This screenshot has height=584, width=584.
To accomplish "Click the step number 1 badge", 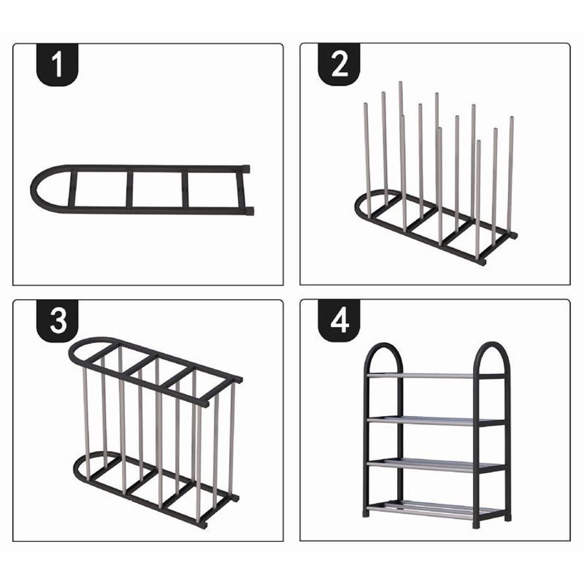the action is click(x=57, y=65).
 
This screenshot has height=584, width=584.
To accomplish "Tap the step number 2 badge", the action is click(x=339, y=64).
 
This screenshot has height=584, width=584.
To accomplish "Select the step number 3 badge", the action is click(x=57, y=321).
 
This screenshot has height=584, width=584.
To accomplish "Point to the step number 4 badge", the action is click(x=339, y=321).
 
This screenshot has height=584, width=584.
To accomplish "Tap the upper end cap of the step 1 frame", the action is click(x=246, y=169).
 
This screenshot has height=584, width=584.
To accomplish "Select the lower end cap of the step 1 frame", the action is click(x=250, y=211).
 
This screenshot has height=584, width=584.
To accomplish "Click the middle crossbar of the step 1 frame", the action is click(x=130, y=189).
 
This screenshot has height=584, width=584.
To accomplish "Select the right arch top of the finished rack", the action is click(x=491, y=345).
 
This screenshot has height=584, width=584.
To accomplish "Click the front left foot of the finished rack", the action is click(x=367, y=513).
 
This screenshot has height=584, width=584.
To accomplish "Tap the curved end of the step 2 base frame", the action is click(x=357, y=208).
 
